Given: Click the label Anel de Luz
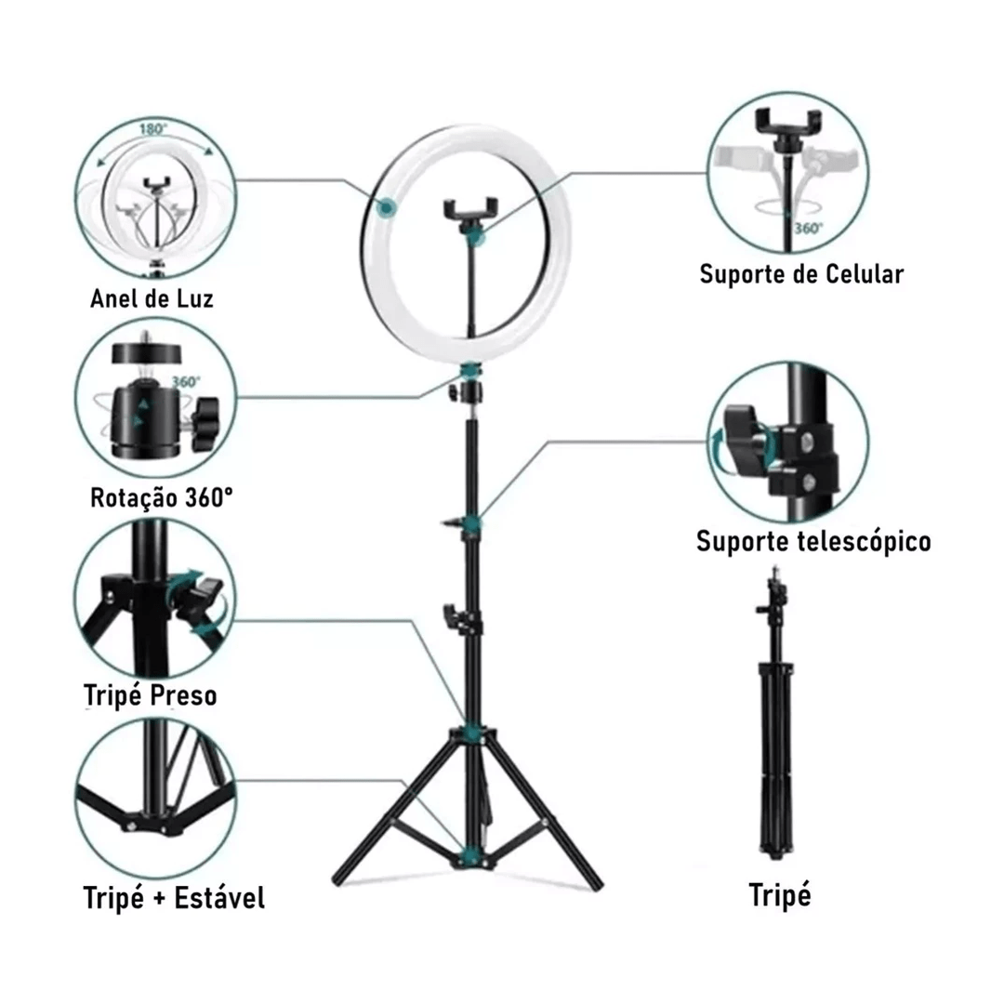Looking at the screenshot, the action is pos(152,298).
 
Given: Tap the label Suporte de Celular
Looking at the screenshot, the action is pos(801,274).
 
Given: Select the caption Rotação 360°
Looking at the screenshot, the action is pos(162,497).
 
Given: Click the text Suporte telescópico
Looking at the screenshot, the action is pos(813,542).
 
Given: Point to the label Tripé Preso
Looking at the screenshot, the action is pos(151,695).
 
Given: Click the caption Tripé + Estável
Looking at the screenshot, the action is pos(174,897).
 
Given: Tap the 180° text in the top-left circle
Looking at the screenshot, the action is pos(153,129).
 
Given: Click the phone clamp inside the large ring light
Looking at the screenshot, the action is pos(470,210).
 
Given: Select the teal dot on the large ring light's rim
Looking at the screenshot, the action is pos(386,207).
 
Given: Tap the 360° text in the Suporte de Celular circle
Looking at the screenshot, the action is pos(809,229).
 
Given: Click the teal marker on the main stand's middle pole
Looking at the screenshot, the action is pos(472,523).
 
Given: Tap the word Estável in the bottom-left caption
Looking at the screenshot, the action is pos(219,897).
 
